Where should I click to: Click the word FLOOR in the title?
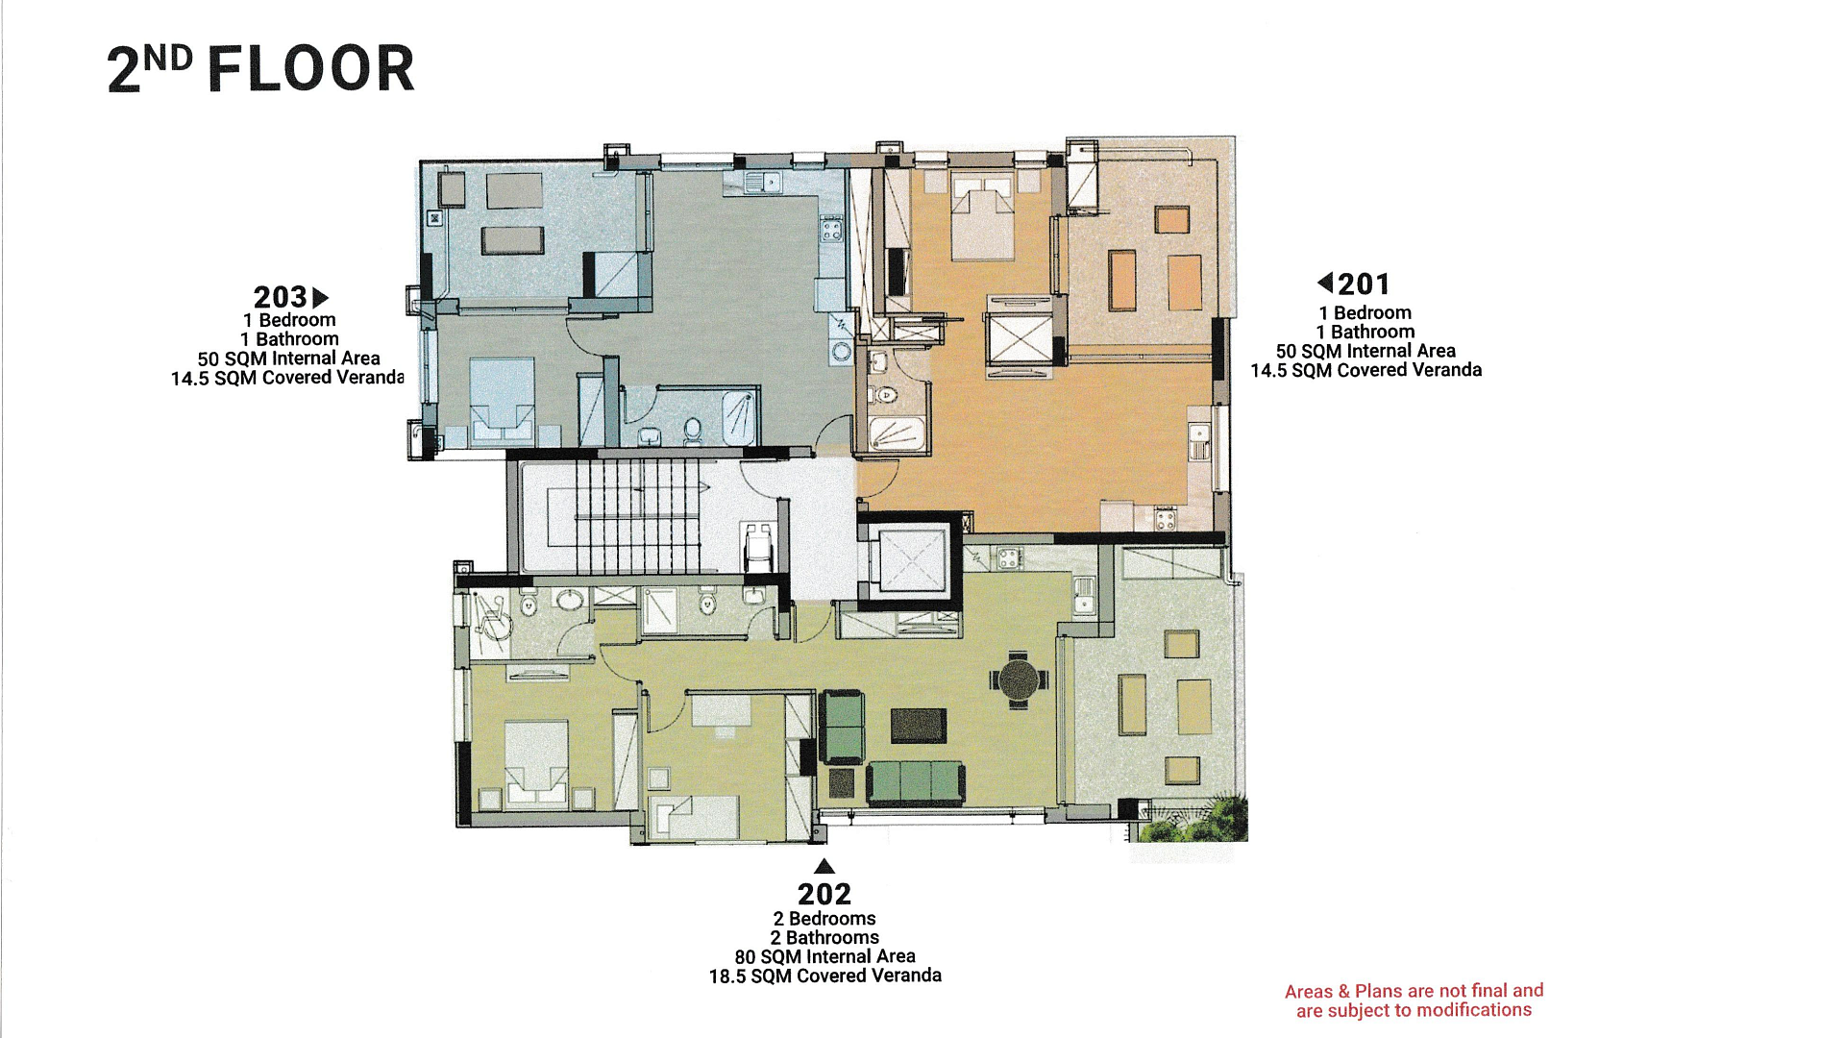pyautogui.click(x=310, y=69)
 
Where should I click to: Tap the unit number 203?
pyautogui.click(x=280, y=297)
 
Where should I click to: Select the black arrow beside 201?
pyautogui.click(x=1325, y=283)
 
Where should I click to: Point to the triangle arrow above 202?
pyautogui.click(x=824, y=866)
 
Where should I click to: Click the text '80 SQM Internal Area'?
pyautogui.click(x=824, y=956)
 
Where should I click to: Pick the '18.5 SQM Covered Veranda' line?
pyautogui.click(x=824, y=976)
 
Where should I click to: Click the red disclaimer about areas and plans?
pyautogui.click(x=1414, y=1001)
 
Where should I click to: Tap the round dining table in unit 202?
pyautogui.click(x=1019, y=680)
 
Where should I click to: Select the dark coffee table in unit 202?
pyautogui.click(x=918, y=726)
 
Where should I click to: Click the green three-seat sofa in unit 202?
pyautogui.click(x=915, y=782)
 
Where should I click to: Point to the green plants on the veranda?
pyautogui.click(x=1192, y=819)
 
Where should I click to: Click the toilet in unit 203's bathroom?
pyautogui.click(x=693, y=430)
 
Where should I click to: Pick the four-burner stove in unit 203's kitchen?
pyautogui.click(x=830, y=229)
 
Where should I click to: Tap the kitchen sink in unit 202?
pyautogui.click(x=1083, y=595)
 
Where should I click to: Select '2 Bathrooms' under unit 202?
pyautogui.click(x=824, y=937)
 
